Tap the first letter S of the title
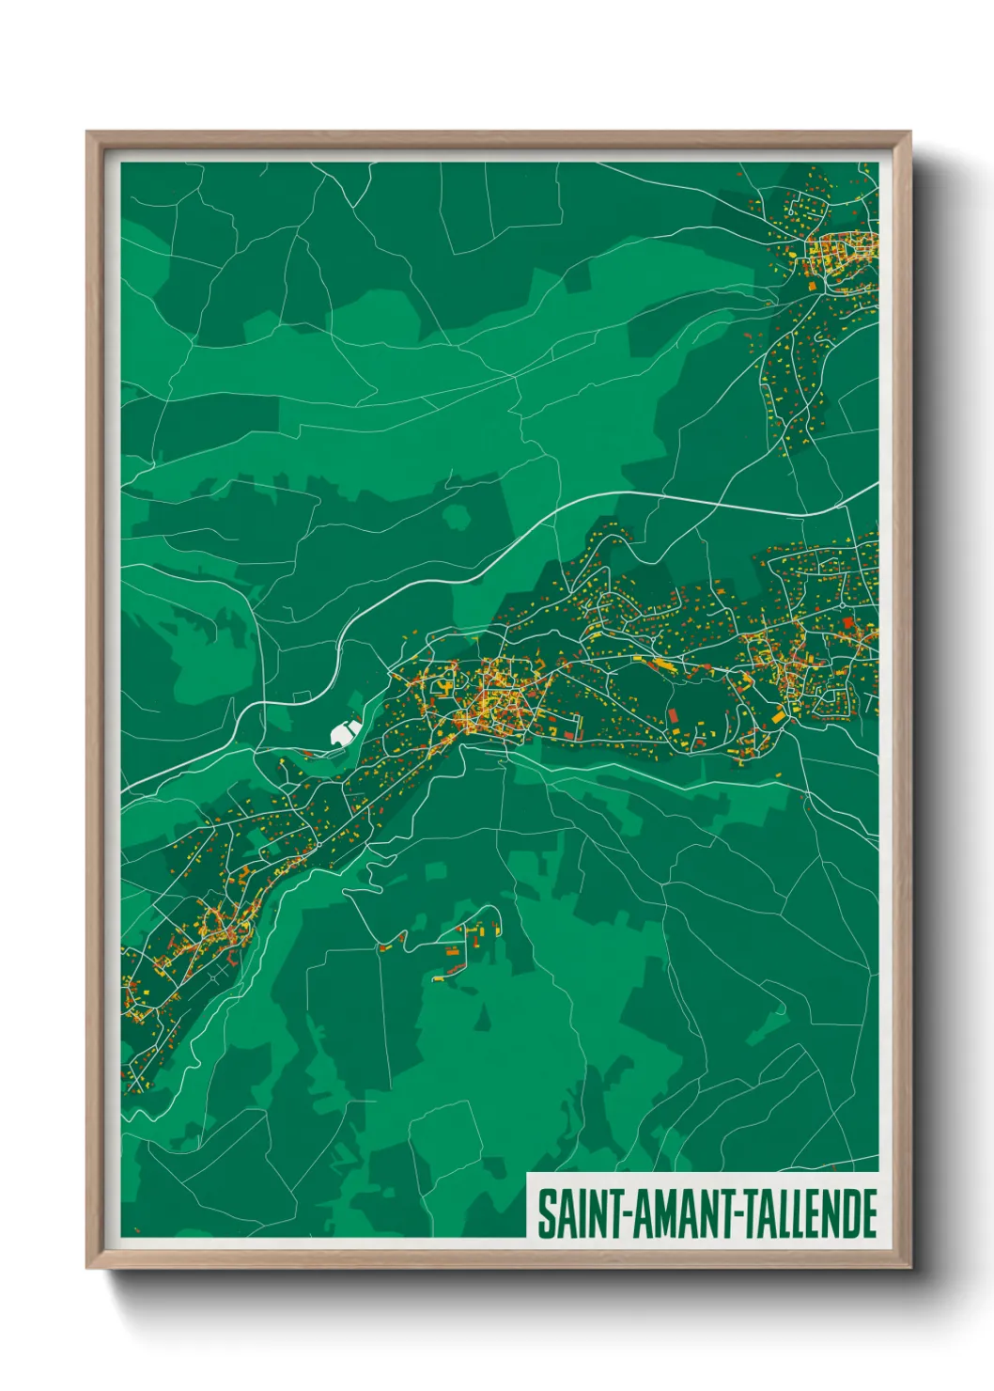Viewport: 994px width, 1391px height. click(x=545, y=1213)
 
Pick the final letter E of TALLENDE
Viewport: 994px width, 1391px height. click(x=869, y=1213)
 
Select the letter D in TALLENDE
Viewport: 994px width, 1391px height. click(x=848, y=1213)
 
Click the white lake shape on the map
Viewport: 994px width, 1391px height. click(x=343, y=730)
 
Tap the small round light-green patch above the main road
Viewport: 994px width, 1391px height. click(x=458, y=517)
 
